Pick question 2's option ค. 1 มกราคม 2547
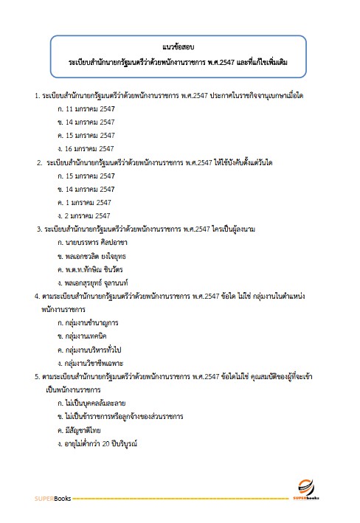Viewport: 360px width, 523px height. tap(84, 202)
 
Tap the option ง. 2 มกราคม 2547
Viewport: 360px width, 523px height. tap(84, 215)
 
